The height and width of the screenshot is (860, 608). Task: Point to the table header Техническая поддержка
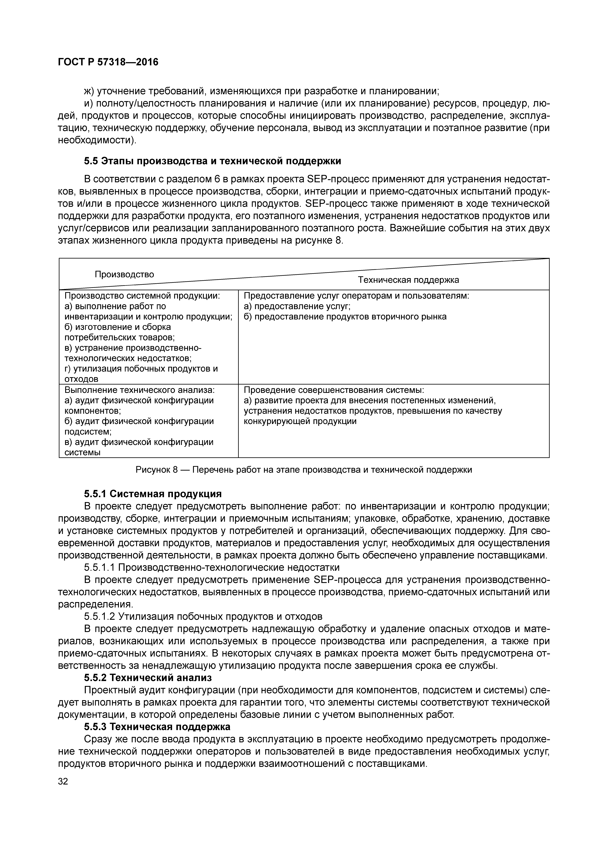408,280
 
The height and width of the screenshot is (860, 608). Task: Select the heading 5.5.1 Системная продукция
153,494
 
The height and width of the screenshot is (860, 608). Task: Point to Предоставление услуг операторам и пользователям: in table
356,296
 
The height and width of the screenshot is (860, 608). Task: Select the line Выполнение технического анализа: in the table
140,390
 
